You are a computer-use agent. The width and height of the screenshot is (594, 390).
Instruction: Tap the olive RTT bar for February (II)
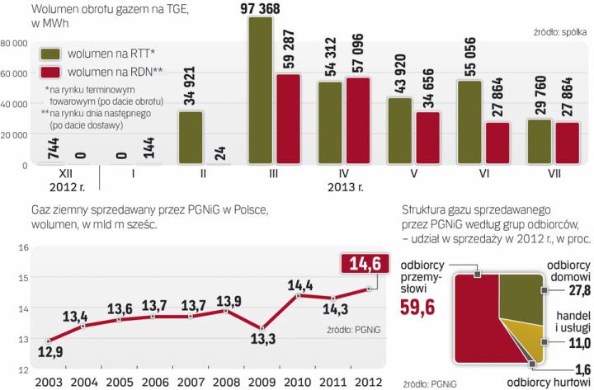pos(191,137)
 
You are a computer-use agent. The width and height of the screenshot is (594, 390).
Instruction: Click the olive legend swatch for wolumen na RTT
pos(52,54)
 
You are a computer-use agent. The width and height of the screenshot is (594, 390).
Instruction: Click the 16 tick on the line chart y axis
pos(23,248)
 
